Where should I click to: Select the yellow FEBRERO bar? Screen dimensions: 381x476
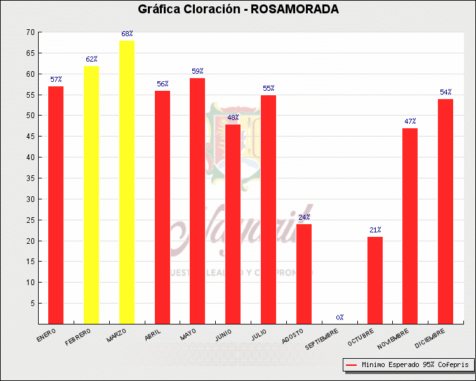click(x=91, y=194)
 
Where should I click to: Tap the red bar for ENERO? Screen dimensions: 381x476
click(x=56, y=204)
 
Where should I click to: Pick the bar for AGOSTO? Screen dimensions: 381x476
click(x=304, y=274)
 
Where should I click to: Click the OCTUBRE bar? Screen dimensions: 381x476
click(x=375, y=280)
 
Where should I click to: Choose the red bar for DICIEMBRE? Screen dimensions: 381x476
click(x=446, y=211)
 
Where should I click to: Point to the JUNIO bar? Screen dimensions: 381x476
click(x=233, y=224)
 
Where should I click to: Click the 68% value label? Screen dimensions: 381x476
click(x=127, y=34)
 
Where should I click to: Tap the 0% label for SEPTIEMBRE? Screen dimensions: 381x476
click(x=340, y=317)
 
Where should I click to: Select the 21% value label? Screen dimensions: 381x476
click(x=375, y=230)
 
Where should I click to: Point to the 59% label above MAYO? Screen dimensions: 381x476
click(x=197, y=71)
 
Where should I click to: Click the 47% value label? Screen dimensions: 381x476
click(x=410, y=121)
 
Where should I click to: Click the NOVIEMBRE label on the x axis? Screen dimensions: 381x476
click(x=393, y=338)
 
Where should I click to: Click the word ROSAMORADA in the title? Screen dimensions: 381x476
click(x=295, y=9)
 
